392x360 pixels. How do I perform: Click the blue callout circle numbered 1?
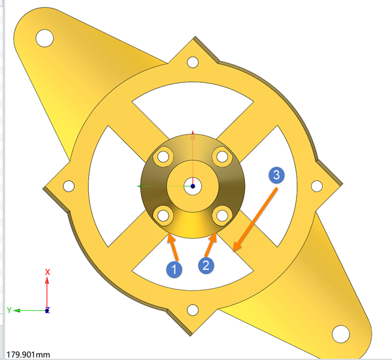(174, 269)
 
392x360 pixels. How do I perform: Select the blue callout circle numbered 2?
(206, 265)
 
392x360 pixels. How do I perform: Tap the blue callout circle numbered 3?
(276, 175)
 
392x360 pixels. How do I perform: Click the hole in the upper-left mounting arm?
(44, 38)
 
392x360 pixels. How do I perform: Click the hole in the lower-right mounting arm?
(341, 334)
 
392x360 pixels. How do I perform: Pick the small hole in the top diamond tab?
(193, 62)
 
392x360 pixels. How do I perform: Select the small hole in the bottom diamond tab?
(193, 310)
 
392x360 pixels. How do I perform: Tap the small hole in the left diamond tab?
(69, 186)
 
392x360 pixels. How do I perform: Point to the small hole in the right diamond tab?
(317, 186)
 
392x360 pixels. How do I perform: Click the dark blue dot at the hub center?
(193, 186)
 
